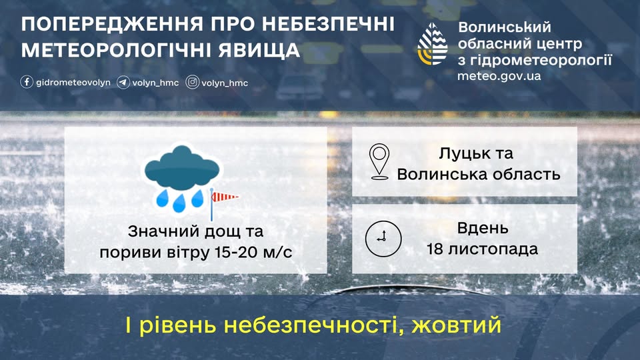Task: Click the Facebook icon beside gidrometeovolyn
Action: [x=27, y=83]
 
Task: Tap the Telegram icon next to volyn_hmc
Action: [x=123, y=83]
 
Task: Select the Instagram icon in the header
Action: [x=193, y=83]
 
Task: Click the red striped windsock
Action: [x=225, y=196]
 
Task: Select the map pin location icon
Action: [x=379, y=162]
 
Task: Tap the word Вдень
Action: [x=483, y=229]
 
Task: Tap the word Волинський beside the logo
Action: [x=505, y=27]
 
